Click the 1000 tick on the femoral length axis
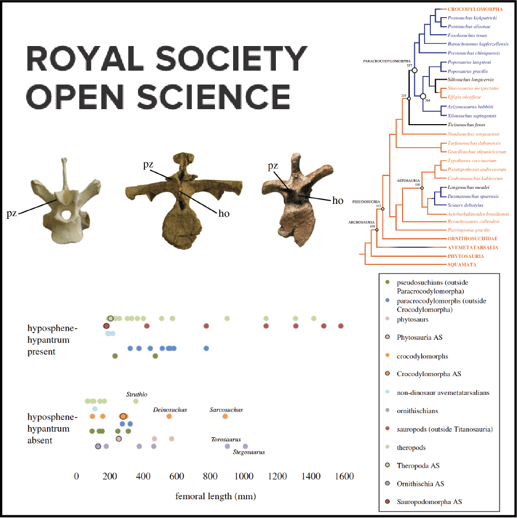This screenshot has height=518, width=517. click(245, 477)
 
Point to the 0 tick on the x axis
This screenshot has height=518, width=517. click(77, 477)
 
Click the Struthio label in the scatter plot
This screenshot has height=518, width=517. click(136, 394)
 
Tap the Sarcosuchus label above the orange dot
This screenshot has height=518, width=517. click(226, 410)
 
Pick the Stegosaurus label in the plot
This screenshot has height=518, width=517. click(249, 452)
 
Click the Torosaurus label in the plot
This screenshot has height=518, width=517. click(226, 439)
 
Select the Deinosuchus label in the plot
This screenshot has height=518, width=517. click(170, 410)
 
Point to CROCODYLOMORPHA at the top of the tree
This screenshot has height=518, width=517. click(474, 9)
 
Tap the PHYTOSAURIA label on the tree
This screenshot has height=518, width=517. click(465, 256)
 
